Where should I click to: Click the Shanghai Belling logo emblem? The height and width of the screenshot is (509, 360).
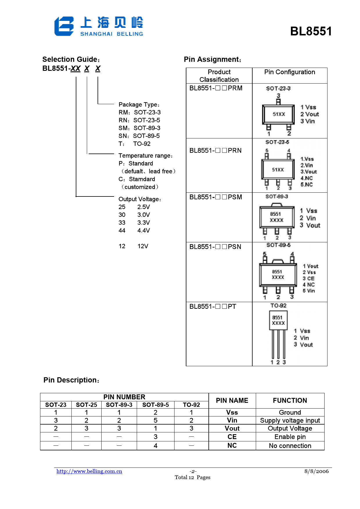(64, 26)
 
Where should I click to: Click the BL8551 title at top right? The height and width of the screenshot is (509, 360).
(311, 31)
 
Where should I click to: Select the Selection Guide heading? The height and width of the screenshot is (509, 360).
(71, 59)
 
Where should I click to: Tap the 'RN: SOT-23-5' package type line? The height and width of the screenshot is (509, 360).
(139, 120)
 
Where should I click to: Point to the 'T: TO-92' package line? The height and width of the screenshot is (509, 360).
(134, 144)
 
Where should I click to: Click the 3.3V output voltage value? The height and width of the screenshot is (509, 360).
(143, 223)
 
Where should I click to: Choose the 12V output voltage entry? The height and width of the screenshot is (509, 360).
(143, 246)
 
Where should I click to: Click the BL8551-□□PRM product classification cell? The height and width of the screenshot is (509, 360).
(216, 88)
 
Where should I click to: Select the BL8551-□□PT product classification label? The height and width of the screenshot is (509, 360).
(213, 306)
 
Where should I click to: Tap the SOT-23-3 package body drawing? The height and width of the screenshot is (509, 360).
(278, 114)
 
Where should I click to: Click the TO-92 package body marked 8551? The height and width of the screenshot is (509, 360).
(278, 320)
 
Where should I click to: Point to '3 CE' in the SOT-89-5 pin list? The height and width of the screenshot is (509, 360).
(309, 279)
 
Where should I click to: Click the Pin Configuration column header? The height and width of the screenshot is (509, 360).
(289, 72)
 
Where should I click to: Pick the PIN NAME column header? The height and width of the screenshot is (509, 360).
(232, 400)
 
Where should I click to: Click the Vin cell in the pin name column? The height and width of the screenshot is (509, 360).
(232, 420)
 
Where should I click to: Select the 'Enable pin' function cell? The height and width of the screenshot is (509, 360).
(290, 437)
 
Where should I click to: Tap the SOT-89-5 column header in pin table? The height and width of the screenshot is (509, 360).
(155, 405)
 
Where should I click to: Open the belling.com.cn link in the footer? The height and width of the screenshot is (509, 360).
(89, 471)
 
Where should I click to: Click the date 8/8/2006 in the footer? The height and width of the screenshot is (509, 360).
(316, 471)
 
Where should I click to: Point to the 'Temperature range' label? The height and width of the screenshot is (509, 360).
(145, 156)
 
